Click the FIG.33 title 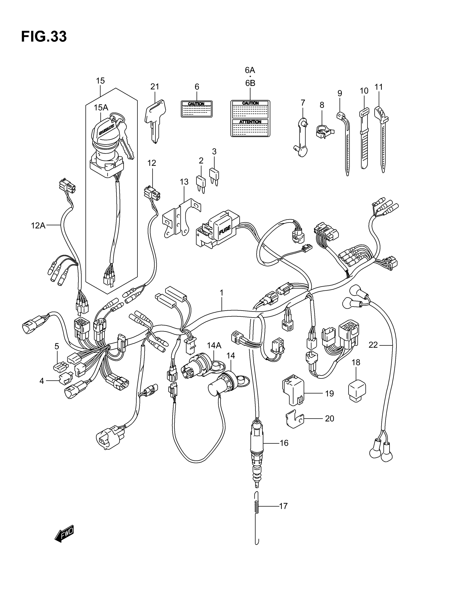44,37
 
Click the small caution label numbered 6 196,109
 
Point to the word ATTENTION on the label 250,122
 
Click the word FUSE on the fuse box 225,230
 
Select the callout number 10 364,91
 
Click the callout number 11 379,87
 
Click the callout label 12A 38,225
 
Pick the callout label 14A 214,345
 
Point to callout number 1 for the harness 221,293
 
